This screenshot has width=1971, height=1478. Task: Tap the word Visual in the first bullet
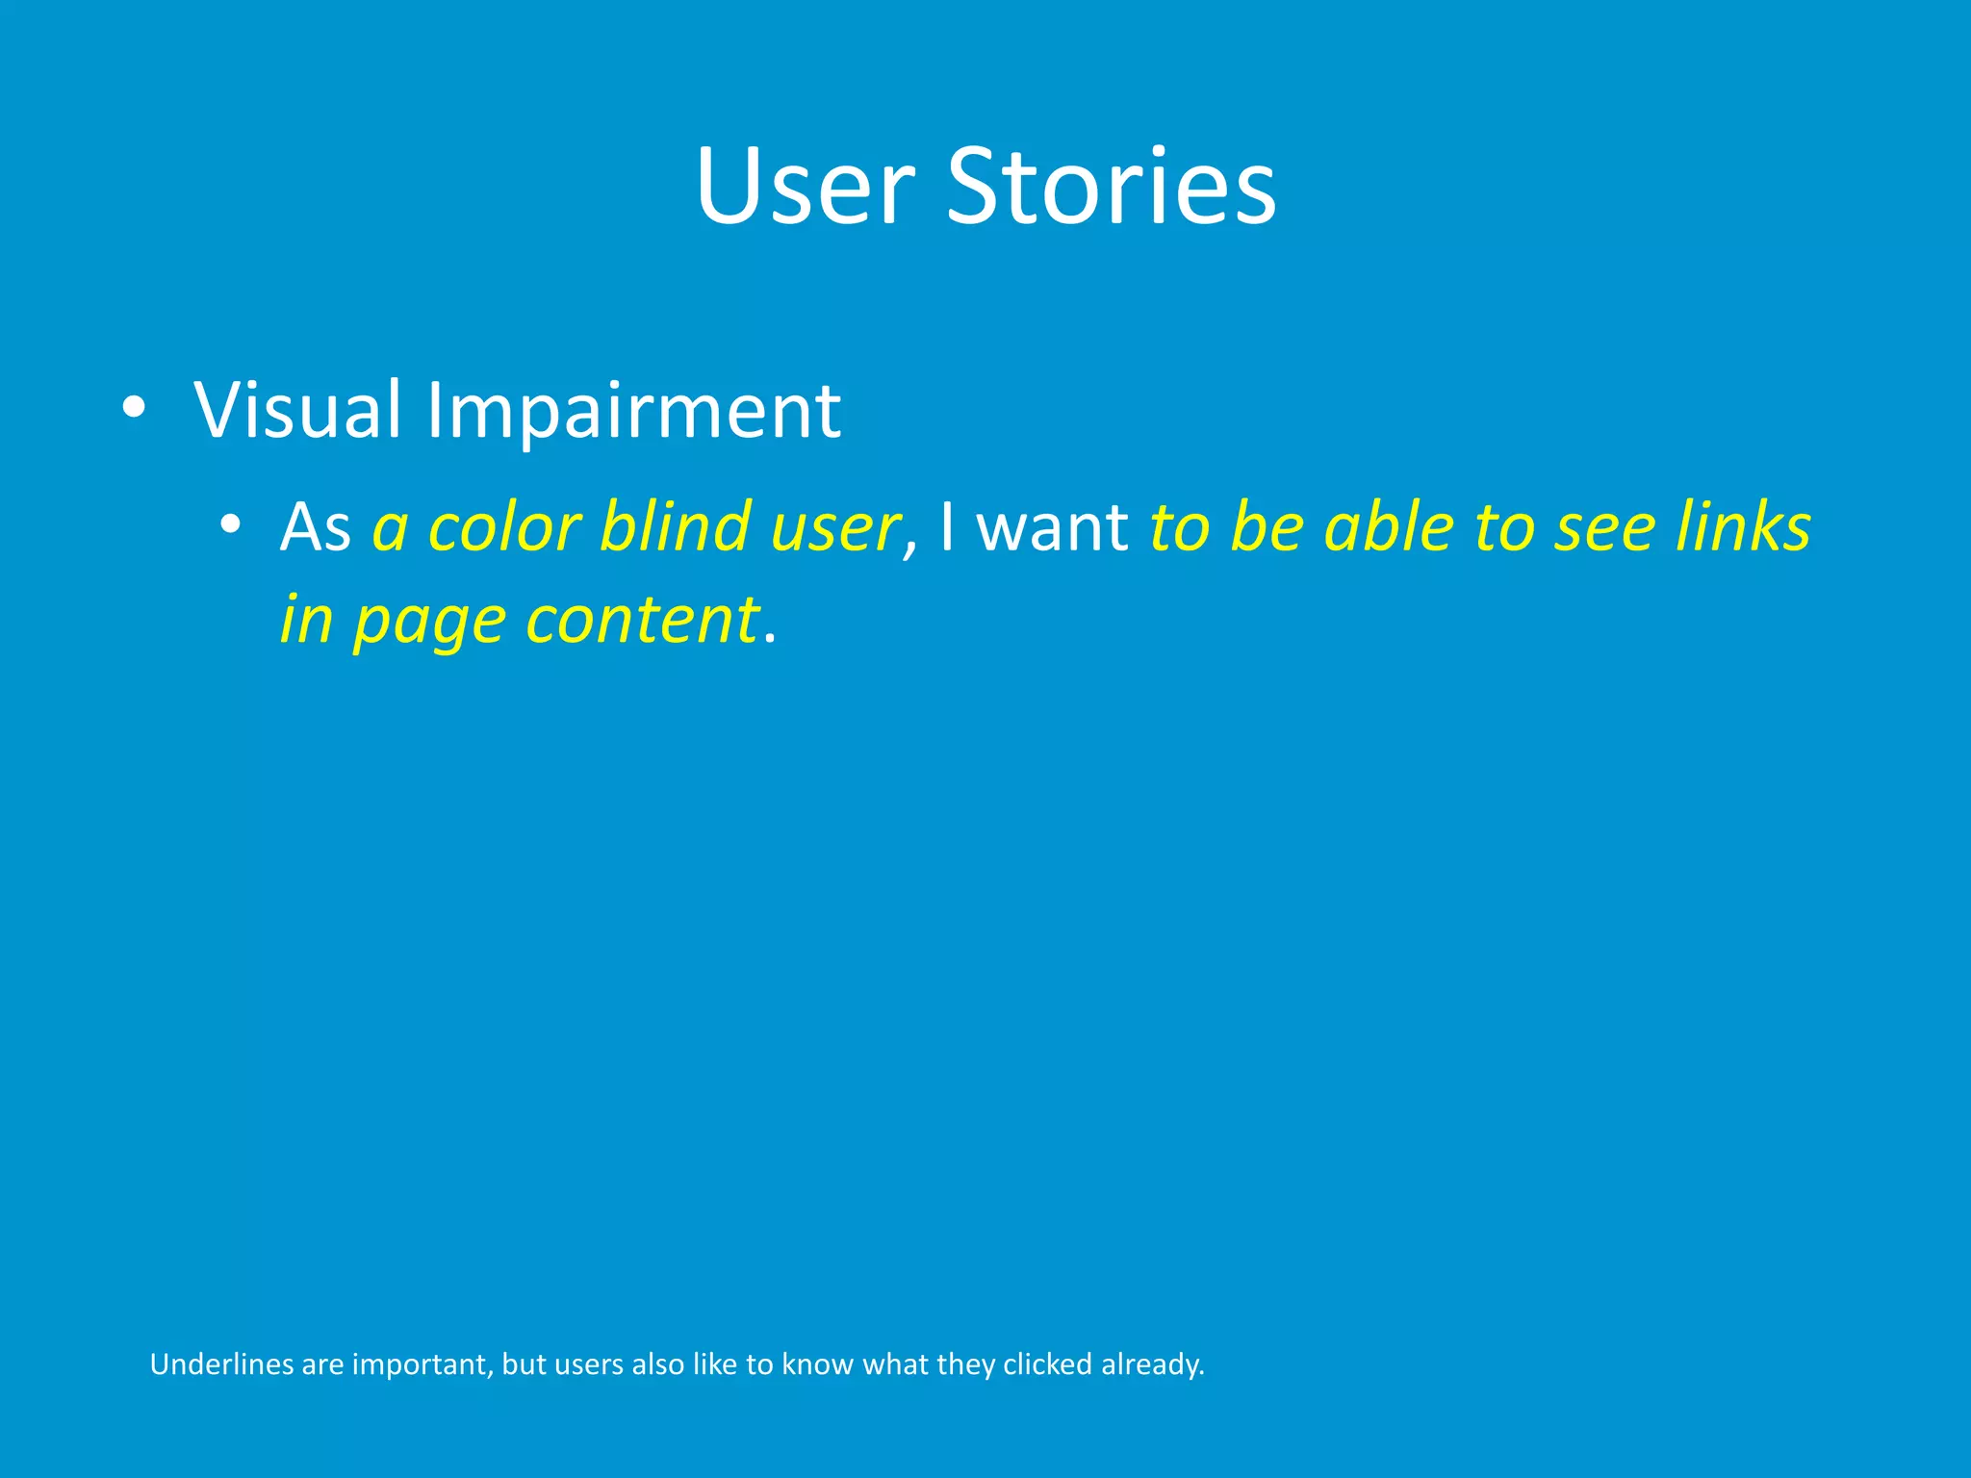tap(297, 410)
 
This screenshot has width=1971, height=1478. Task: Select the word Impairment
tap(633, 412)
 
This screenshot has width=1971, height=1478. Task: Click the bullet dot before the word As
tap(229, 525)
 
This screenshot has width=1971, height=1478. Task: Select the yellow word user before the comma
tap(833, 529)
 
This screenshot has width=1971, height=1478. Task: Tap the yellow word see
tap(1603, 529)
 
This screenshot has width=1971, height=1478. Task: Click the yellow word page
tap(429, 622)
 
